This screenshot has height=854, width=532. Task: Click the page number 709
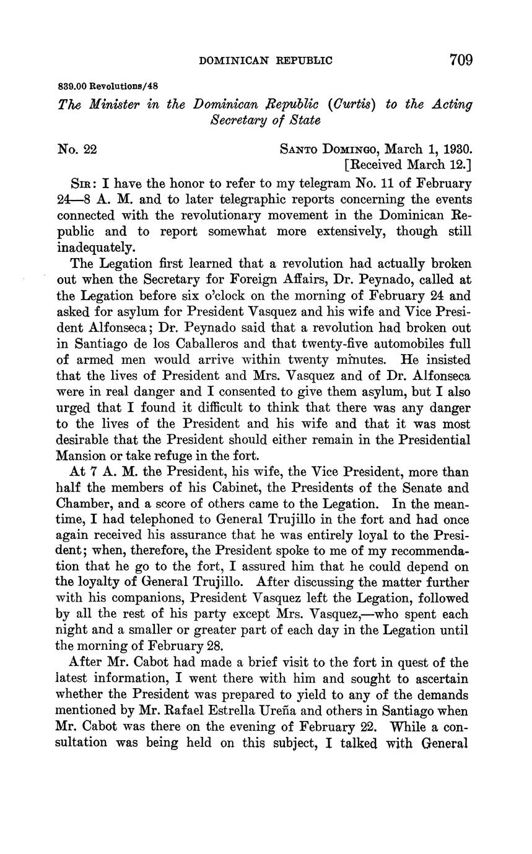tap(461, 59)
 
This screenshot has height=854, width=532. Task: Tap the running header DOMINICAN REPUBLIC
tap(265, 61)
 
